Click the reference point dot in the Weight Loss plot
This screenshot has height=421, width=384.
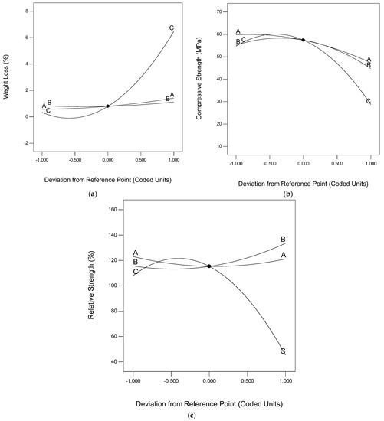[x=107, y=106]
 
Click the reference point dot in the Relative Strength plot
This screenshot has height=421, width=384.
[x=209, y=266]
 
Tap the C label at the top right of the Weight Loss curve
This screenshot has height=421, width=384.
[x=172, y=28]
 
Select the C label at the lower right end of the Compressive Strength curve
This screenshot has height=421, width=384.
[x=369, y=101]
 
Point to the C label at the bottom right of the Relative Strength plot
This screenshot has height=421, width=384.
[x=283, y=351]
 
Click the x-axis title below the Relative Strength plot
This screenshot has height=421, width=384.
[x=209, y=402]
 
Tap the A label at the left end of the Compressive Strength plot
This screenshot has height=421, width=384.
[x=238, y=31]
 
